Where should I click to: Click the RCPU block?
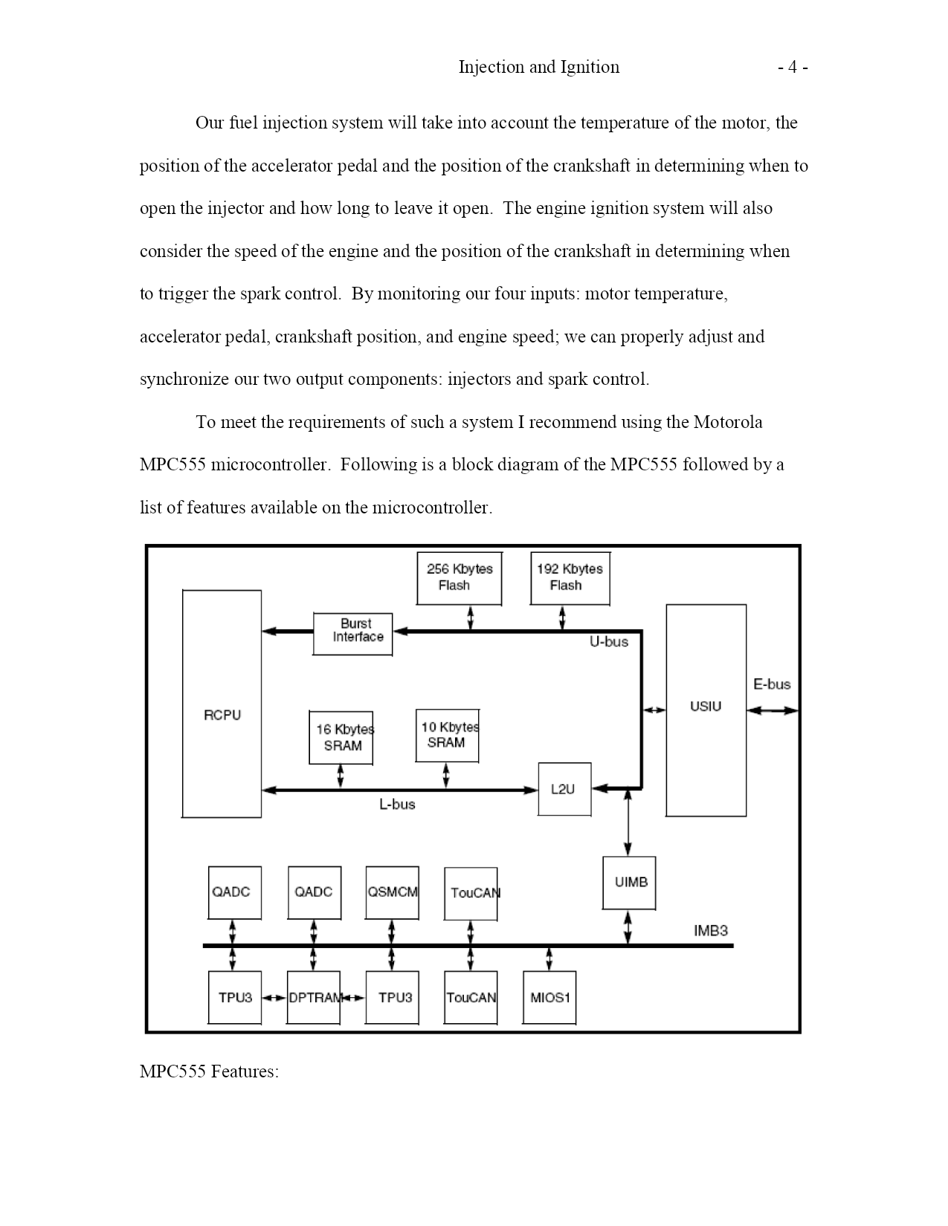pyautogui.click(x=222, y=704)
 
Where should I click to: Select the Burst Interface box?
pyautogui.click(x=353, y=634)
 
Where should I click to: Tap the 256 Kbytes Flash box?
pyautogui.click(x=459, y=578)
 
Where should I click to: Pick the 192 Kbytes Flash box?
pyautogui.click(x=570, y=578)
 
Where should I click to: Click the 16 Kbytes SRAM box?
pyautogui.click(x=341, y=737)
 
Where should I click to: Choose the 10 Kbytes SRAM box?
pyautogui.click(x=447, y=736)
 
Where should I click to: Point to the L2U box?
pyautogui.click(x=564, y=789)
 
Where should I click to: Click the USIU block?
pyautogui.click(x=706, y=710)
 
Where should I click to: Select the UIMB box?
pyautogui.click(x=629, y=883)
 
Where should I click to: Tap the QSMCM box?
pyautogui.click(x=393, y=892)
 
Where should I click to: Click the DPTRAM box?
pyautogui.click(x=313, y=997)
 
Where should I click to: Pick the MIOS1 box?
pyautogui.click(x=549, y=997)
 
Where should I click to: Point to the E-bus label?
pyautogui.click(x=772, y=684)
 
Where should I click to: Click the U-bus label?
pyautogui.click(x=609, y=642)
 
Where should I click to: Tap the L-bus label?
pyautogui.click(x=397, y=805)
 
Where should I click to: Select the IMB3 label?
pyautogui.click(x=711, y=931)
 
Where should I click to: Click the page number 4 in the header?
pyautogui.click(x=793, y=67)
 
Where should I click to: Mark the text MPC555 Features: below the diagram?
pyautogui.click(x=210, y=1071)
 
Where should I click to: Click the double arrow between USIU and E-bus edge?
pyautogui.click(x=773, y=711)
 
